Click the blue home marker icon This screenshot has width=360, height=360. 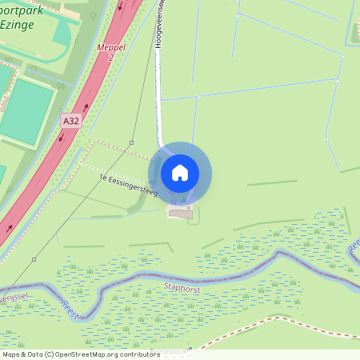point(180,173)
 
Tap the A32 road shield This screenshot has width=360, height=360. point(71,121)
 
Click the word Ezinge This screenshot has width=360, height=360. point(18,25)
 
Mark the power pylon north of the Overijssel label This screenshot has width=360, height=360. point(34,259)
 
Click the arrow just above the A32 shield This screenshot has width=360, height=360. point(86,106)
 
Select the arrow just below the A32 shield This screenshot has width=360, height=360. point(61,137)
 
